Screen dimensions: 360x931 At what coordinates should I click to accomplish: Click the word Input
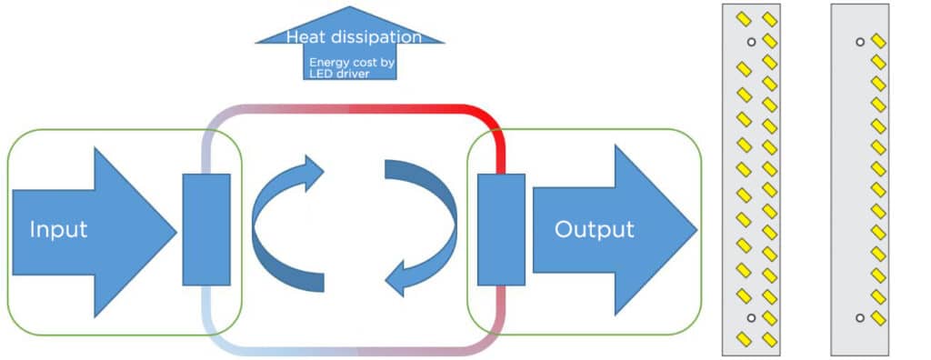click(58, 229)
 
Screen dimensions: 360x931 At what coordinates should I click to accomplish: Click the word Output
click(594, 229)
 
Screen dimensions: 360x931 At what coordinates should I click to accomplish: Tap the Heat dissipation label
click(354, 37)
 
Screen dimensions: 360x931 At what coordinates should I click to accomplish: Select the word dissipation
click(381, 37)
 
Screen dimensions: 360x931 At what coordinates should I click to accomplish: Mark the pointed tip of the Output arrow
click(696, 230)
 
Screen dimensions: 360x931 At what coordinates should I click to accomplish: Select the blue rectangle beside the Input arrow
click(206, 229)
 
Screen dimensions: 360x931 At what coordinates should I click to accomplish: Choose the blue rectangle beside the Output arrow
click(501, 229)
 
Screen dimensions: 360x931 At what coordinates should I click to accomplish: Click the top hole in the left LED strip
click(751, 42)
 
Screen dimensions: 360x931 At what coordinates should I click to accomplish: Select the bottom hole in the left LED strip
click(751, 317)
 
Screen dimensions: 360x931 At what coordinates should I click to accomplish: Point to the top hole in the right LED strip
click(860, 41)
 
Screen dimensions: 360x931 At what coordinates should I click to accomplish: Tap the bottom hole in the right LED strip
click(860, 317)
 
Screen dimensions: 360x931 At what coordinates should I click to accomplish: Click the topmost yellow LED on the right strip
click(878, 41)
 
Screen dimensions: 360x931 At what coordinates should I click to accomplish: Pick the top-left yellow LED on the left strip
click(742, 18)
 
